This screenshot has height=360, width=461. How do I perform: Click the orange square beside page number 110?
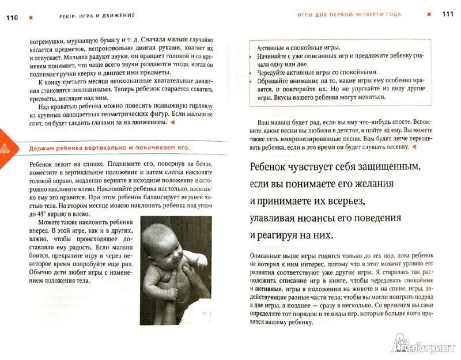click(31, 16)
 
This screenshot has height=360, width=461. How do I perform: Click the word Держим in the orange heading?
click(41, 149)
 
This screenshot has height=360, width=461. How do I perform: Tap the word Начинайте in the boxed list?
click(274, 58)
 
